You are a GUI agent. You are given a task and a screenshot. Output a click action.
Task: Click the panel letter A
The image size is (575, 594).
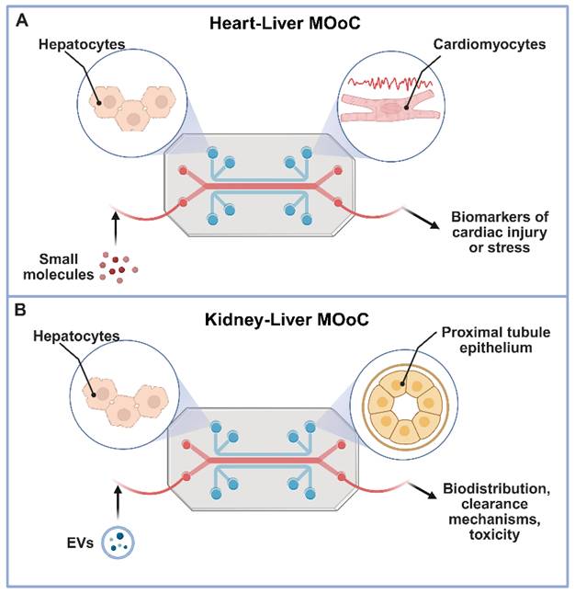coord(22,20)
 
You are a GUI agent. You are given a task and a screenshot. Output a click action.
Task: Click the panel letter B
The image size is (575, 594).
coord(20,310)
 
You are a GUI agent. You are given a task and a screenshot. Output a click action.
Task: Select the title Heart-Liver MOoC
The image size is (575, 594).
coord(285,24)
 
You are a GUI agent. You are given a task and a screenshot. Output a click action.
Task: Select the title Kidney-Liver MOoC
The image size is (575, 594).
coord(287,319)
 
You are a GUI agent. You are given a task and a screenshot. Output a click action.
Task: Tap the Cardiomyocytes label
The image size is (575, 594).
coord(490,44)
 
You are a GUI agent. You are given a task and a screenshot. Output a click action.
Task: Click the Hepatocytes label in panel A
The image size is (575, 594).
coord(82,44)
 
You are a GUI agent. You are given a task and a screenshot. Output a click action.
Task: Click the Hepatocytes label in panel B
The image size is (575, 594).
coord(76,336)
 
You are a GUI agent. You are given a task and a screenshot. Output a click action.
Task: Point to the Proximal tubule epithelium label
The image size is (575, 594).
coord(496,340)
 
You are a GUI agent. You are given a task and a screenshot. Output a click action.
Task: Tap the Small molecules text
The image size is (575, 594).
coord(58,267)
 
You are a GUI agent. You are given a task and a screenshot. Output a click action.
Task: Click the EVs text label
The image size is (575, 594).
coord(80,543)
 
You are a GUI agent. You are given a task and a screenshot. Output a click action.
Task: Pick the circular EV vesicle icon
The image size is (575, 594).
coord(118,543)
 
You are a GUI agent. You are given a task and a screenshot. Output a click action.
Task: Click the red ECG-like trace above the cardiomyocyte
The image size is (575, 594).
coord(390,82)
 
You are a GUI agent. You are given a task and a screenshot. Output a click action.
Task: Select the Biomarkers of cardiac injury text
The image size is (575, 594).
coord(500,233)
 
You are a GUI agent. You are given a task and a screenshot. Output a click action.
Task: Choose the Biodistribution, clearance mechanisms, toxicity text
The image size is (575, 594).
coord(496,511)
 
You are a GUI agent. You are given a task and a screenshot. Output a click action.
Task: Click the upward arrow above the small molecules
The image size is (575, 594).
coord(116,229)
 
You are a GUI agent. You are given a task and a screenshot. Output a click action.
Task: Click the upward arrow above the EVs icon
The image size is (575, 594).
coord(118,502)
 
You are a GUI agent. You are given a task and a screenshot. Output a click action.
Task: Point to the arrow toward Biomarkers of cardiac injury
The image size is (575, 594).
coord(423,219)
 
